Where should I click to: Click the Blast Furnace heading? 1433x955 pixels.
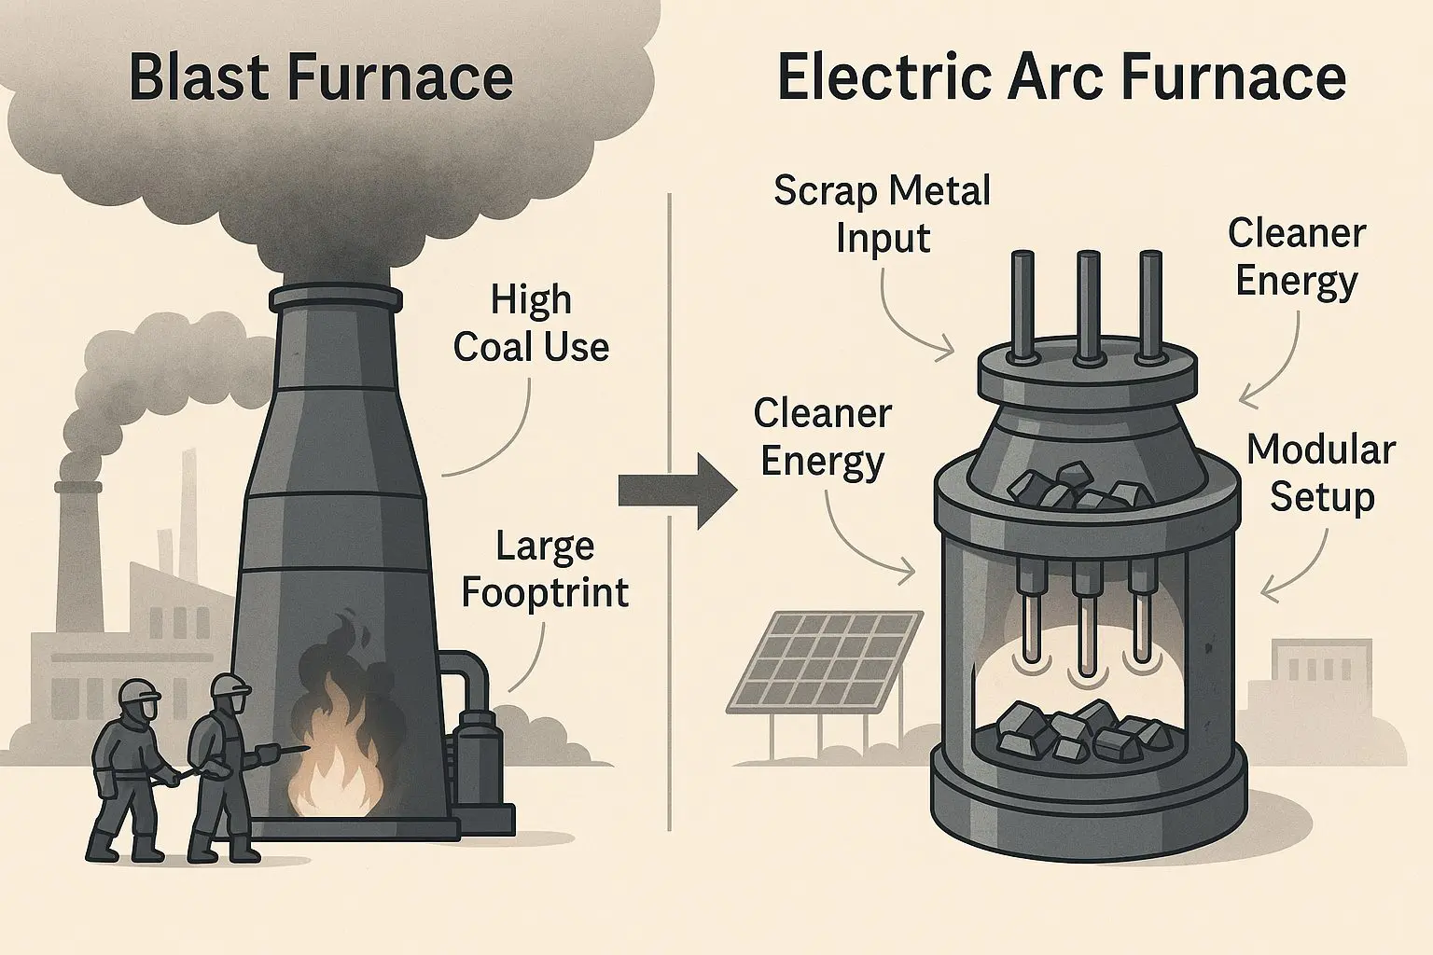[x=320, y=78]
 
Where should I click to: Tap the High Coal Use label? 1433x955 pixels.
[x=531, y=324]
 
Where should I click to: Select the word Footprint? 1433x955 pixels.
[x=545, y=592]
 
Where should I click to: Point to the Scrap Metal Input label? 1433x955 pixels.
[x=882, y=215]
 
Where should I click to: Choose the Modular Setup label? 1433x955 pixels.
[x=1321, y=473]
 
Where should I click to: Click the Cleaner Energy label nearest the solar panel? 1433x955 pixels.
[x=822, y=436]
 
